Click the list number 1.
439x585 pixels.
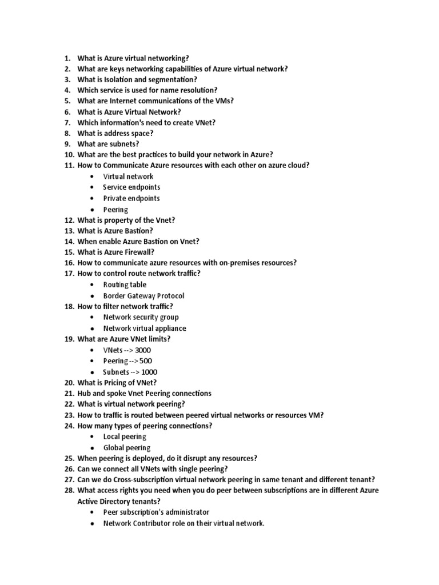(66, 58)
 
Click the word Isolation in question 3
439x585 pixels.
(121, 79)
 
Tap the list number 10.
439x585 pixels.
(69, 155)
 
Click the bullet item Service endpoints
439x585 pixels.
(131, 187)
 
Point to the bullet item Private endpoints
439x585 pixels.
(131, 198)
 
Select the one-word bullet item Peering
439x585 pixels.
(115, 209)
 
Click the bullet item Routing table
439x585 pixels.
(125, 285)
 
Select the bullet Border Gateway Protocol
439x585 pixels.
(143, 296)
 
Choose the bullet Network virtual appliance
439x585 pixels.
(145, 328)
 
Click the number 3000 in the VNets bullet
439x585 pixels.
(143, 350)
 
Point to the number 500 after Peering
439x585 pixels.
(146, 361)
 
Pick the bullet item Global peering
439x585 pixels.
(127, 448)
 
